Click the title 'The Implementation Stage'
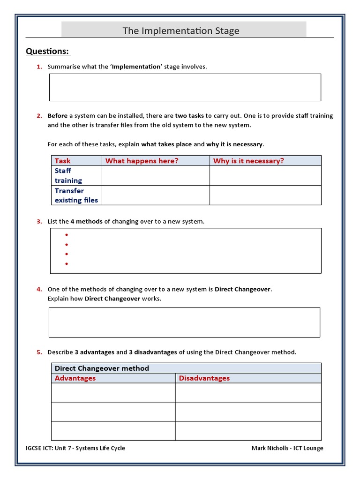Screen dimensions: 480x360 tap(181, 31)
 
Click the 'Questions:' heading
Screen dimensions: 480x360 tap(47, 51)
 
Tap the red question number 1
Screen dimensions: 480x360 tap(39, 67)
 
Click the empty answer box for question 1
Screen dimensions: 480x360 tap(185, 87)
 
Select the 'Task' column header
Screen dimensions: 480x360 tap(62, 161)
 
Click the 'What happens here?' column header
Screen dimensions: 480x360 tap(142, 161)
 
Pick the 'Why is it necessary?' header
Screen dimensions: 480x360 tap(248, 161)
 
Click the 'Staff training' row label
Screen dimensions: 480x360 tap(68, 176)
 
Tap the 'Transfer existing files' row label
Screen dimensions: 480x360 tap(76, 195)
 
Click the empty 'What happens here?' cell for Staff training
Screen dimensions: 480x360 tap(156, 176)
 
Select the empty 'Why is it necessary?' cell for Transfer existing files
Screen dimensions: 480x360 tap(265, 195)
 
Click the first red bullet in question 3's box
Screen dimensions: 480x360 tap(67, 235)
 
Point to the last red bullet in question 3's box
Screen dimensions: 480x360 tap(67, 264)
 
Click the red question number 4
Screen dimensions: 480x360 tap(39, 289)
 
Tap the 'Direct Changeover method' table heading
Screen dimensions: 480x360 tap(102, 368)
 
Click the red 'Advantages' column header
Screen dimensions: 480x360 tap(75, 378)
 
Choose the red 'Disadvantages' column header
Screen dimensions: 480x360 tap(204, 378)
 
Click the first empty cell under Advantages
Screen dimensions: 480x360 tap(113, 393)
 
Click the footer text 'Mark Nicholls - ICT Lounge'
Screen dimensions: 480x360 tap(287, 448)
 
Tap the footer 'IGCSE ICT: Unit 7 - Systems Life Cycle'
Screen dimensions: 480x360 tap(75, 448)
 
